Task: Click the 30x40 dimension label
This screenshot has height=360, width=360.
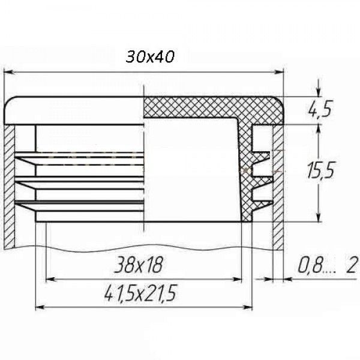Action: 150,57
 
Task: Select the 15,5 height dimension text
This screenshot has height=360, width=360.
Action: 320,170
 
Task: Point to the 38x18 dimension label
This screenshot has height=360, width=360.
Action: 139,265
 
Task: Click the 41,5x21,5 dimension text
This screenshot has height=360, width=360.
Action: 140,293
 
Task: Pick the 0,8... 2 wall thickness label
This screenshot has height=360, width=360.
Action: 328,265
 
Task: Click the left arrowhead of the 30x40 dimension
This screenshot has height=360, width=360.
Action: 8,73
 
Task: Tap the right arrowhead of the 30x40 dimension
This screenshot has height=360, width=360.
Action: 280,73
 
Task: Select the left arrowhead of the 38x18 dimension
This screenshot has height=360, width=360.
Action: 50,280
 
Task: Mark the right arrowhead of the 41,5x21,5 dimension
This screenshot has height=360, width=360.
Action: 248,307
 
